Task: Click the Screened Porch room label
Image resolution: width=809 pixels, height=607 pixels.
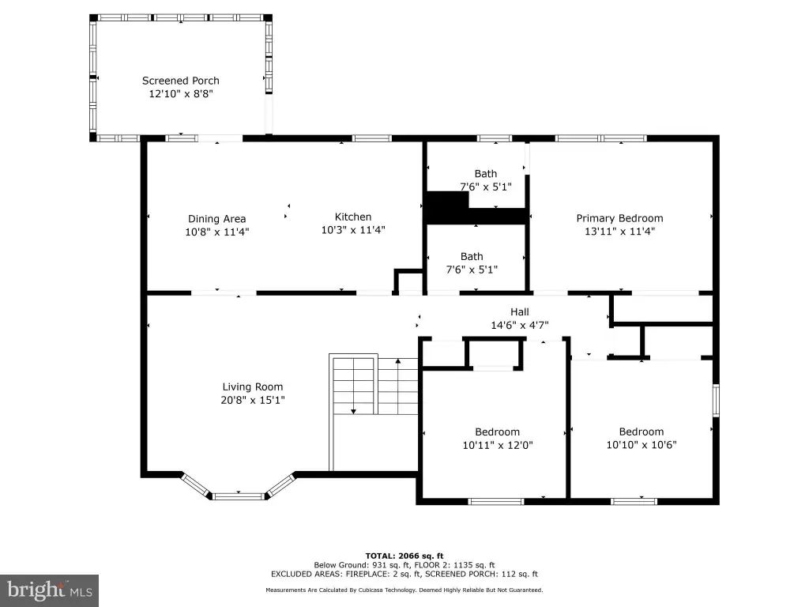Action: tap(181, 81)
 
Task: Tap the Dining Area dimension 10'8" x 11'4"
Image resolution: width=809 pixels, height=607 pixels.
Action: tap(216, 232)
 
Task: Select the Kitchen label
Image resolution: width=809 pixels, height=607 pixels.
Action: tap(353, 217)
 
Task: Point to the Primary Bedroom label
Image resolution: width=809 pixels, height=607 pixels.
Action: tap(619, 218)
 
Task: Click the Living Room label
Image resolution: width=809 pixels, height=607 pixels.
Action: tap(252, 386)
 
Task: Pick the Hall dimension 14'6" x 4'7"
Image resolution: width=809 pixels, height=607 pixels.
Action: tap(520, 325)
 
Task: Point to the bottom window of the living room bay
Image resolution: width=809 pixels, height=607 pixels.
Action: tap(239, 496)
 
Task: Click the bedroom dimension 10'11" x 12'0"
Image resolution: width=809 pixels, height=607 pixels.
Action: tap(498, 445)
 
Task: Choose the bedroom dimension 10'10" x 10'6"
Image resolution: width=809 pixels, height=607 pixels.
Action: tap(642, 444)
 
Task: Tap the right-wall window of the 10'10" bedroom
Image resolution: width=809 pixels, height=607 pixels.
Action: tap(716, 400)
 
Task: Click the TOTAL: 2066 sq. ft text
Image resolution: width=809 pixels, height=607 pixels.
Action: tap(404, 556)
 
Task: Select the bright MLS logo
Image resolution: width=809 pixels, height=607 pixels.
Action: tap(49, 590)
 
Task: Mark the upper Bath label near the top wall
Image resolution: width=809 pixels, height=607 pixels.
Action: tap(486, 174)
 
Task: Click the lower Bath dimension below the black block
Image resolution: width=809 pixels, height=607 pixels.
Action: tap(472, 270)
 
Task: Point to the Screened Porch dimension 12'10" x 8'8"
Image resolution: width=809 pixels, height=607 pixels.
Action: tap(181, 93)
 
